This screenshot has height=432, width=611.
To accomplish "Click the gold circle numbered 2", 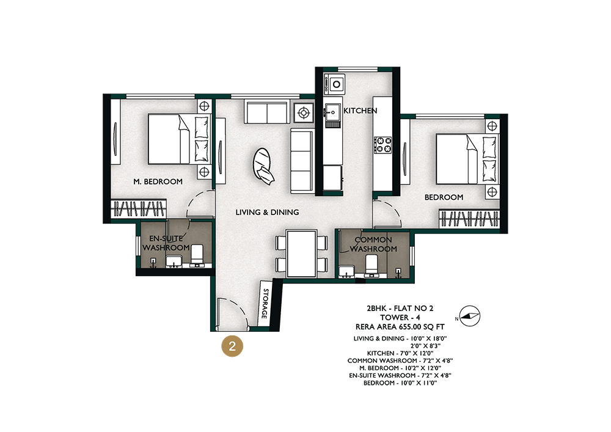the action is tap(232, 346).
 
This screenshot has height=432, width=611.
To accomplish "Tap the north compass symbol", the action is tap(469, 316).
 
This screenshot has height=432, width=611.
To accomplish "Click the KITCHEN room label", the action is tap(360, 111).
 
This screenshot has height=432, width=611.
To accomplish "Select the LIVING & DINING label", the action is tap(268, 212).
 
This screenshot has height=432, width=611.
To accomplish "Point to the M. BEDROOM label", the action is tap(158, 181).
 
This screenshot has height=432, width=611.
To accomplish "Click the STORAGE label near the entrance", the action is tap(265, 304).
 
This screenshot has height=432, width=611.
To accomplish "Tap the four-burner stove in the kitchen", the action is tap(383, 145).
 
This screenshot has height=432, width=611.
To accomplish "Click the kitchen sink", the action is tap(333, 112).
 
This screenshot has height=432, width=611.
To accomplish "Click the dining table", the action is tap(301, 254).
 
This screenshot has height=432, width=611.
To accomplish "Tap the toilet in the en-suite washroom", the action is tap(197, 255).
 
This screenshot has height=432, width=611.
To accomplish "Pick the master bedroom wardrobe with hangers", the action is tap(138, 208).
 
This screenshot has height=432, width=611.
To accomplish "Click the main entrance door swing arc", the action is tap(238, 305).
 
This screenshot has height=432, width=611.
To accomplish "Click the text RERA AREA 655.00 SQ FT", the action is tap(400, 327).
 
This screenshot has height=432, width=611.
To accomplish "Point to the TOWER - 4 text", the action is tap(400, 318).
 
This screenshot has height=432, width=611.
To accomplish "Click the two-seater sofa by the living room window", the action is tap(267, 112).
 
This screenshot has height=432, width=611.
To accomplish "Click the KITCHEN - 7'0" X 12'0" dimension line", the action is tap(400, 353).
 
